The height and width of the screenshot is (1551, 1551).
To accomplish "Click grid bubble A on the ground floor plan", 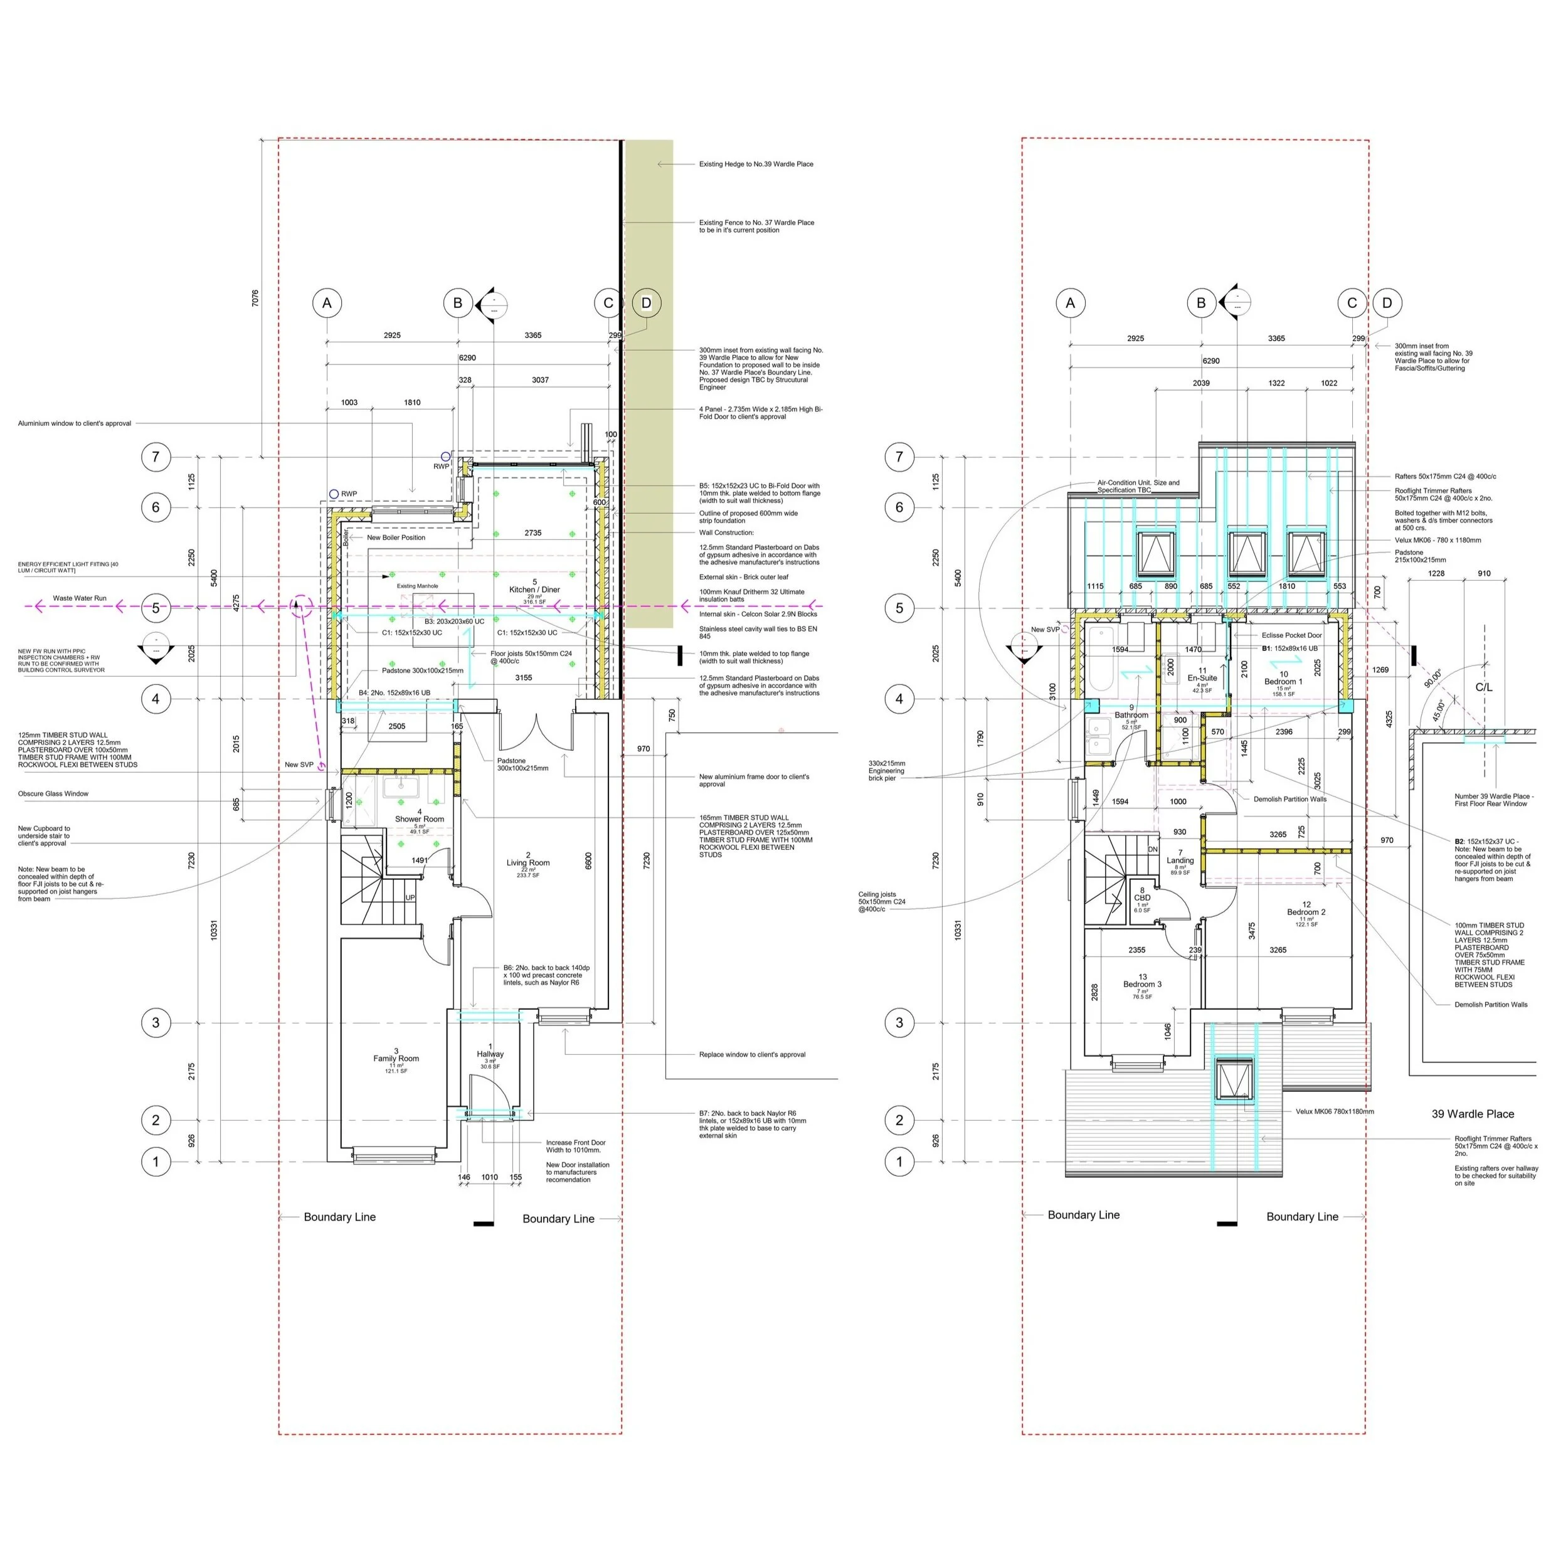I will coord(327,304).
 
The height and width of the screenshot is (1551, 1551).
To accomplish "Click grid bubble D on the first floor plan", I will coord(1387,304).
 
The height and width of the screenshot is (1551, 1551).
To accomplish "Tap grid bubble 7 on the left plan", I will coord(156,457).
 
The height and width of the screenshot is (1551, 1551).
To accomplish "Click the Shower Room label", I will coord(419,819).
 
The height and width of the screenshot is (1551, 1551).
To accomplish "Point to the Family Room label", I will coord(396,1058).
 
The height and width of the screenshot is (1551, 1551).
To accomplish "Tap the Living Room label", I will coord(527,863).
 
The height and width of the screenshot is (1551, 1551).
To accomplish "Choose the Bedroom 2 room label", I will coord(1306,912).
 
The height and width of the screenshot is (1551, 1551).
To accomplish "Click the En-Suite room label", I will coord(1202,677).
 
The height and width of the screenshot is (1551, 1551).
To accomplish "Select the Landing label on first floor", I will coord(1180,860).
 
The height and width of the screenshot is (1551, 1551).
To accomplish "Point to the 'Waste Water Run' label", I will coord(80,598).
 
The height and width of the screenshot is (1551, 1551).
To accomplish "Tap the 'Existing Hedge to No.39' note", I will coord(755,164).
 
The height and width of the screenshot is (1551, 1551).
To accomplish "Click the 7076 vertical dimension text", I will coord(255,299).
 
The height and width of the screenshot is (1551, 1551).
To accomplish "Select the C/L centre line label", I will coord(1483,687).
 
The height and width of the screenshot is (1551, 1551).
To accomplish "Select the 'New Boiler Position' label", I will coord(396,537).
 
